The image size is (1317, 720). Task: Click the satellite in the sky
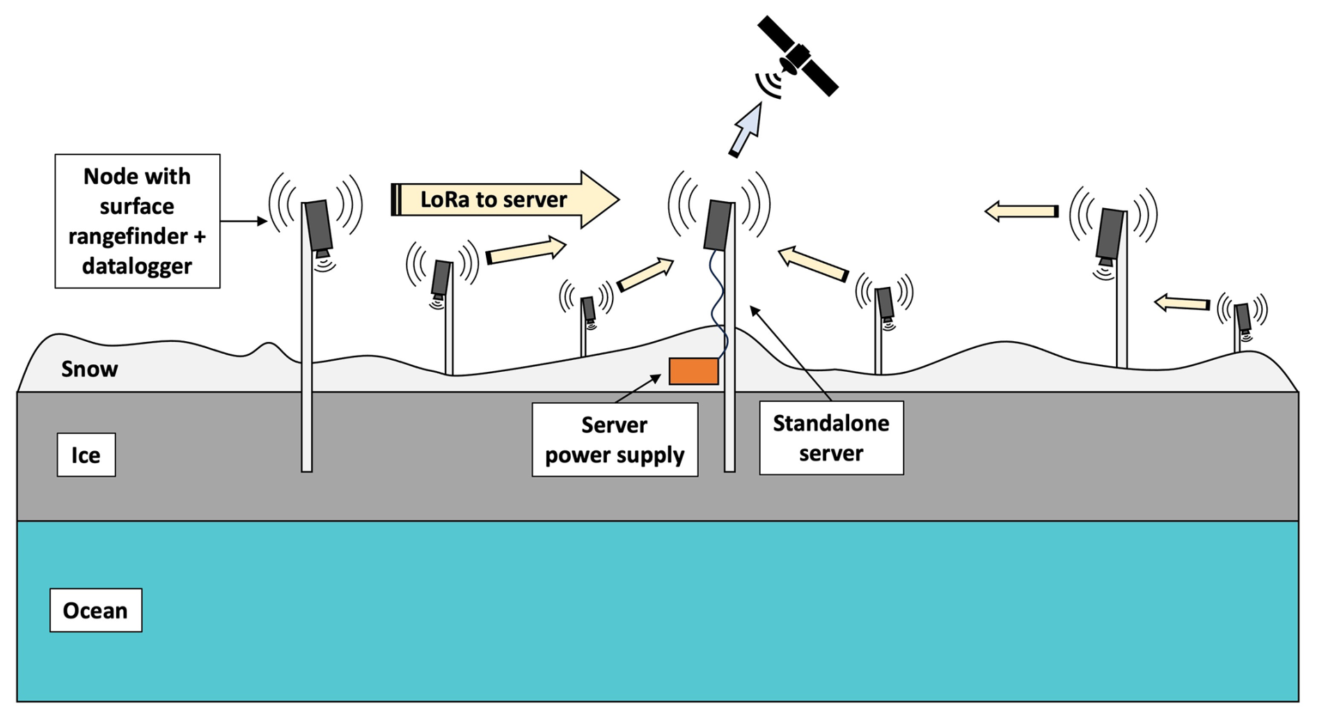pyautogui.click(x=798, y=56)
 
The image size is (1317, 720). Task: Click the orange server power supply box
pyautogui.click(x=693, y=371)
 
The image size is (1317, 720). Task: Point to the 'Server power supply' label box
pyautogui.click(x=615, y=439)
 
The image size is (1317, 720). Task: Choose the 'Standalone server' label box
pyautogui.click(x=831, y=438)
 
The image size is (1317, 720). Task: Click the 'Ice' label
pyautogui.click(x=86, y=455)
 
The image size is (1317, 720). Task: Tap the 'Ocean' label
pyautogui.click(x=96, y=611)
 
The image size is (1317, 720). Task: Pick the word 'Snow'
pyautogui.click(x=90, y=369)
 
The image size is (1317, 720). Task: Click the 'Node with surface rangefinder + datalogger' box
pyautogui.click(x=138, y=221)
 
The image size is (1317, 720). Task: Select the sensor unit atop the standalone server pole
pyautogui.click(x=718, y=225)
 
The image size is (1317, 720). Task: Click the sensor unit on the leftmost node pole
pyautogui.click(x=318, y=226)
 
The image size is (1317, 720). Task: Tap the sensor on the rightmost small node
pyautogui.click(x=1243, y=318)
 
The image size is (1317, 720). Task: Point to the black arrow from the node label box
pyautogui.click(x=244, y=221)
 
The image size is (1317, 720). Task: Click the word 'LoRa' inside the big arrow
pyautogui.click(x=444, y=200)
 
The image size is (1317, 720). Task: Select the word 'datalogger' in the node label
pyautogui.click(x=137, y=266)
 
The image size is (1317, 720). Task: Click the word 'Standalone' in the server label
pyautogui.click(x=831, y=423)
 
